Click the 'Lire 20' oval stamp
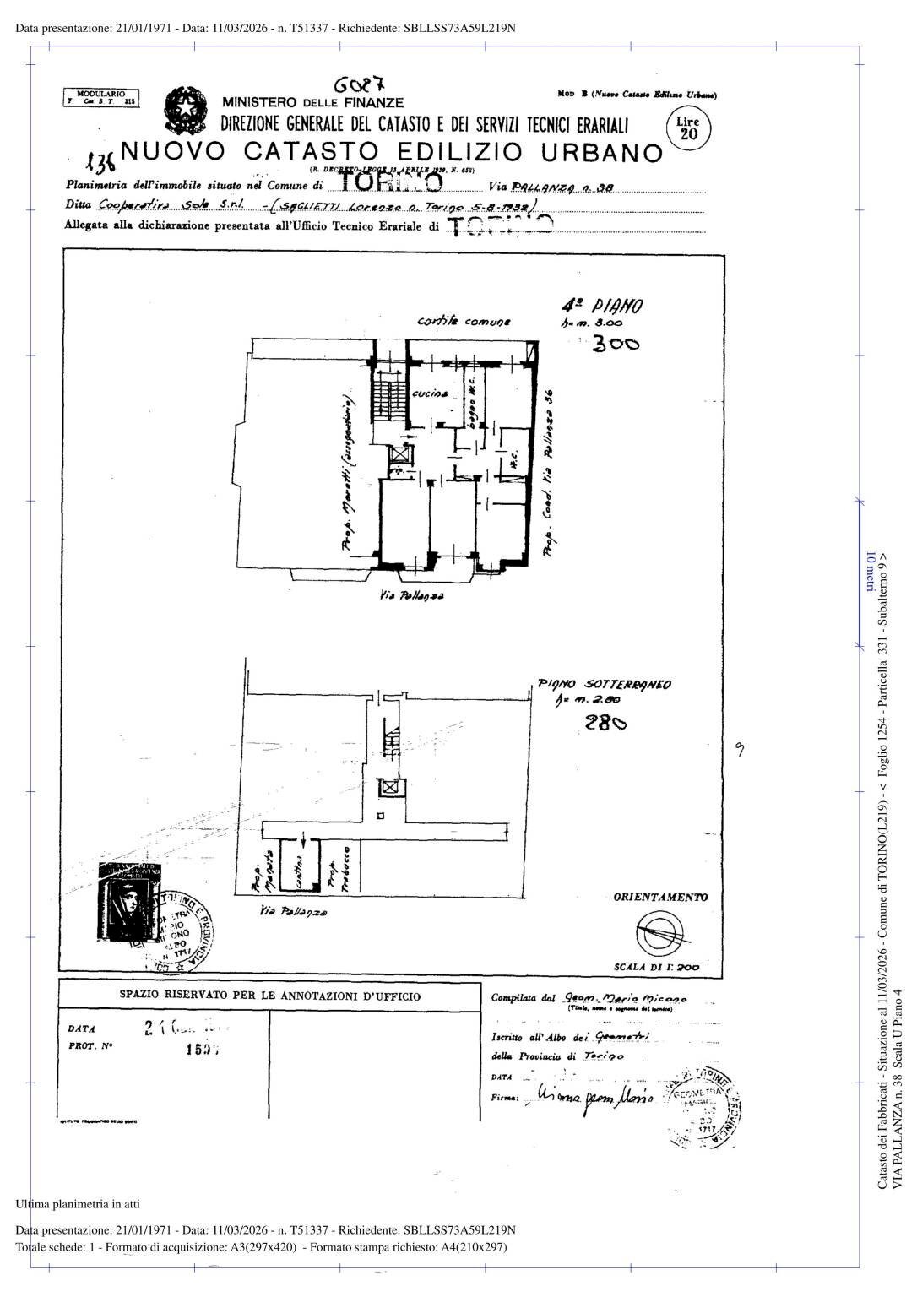pos(689,129)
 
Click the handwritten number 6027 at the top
pos(359,85)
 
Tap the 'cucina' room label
pos(430,394)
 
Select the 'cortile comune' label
pos(464,322)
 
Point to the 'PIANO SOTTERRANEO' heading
pos(604,685)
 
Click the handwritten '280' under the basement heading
pos(605,723)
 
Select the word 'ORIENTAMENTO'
pos(660,898)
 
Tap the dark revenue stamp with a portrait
pos(127,901)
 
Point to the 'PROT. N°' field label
pos(90,1045)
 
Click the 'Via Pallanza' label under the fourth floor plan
pos(411,596)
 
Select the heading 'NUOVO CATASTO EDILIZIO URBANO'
pos(392,152)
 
